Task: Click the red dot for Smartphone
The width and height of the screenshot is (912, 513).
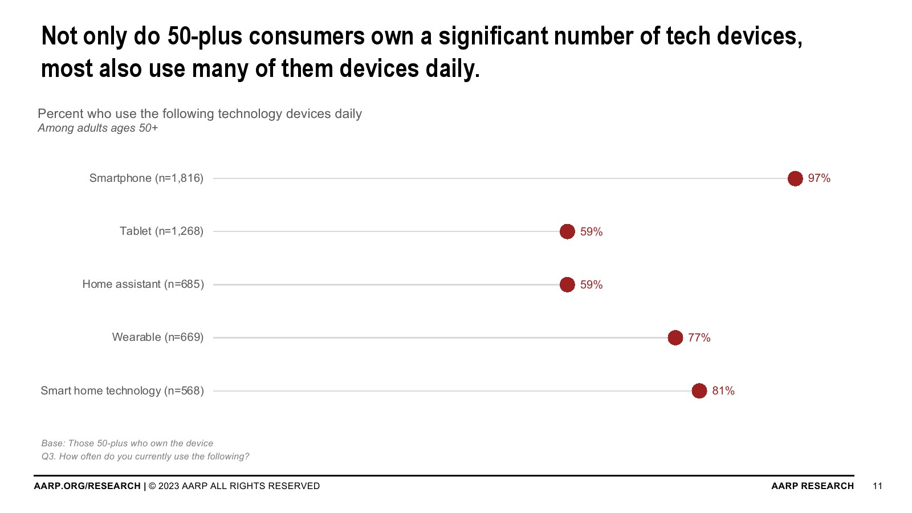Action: click(x=795, y=178)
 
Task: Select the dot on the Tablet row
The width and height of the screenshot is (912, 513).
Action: click(x=567, y=231)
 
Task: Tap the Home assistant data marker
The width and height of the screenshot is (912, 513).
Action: click(x=567, y=284)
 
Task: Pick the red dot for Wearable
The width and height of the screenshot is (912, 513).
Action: click(x=675, y=337)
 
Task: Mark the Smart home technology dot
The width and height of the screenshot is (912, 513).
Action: click(x=699, y=390)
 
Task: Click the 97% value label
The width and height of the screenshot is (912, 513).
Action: click(x=819, y=178)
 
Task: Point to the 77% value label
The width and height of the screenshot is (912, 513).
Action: click(x=699, y=337)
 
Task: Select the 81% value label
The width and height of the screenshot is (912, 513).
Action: click(x=723, y=390)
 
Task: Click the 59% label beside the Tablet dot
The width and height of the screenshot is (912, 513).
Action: click(x=591, y=231)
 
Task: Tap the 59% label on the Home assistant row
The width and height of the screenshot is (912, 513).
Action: click(x=591, y=284)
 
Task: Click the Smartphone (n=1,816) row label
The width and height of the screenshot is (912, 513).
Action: click(x=146, y=178)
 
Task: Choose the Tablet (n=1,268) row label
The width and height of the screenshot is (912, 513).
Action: click(x=161, y=231)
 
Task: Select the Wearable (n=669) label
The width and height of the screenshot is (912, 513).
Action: click(x=157, y=337)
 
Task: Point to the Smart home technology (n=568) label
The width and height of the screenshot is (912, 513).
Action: click(x=122, y=390)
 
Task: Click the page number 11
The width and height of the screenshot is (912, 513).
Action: click(x=877, y=486)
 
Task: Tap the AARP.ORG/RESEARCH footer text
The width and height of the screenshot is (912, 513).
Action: click(x=87, y=486)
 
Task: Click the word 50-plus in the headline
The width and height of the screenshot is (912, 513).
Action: click(x=204, y=36)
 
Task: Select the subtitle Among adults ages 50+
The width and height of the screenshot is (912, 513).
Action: click(x=97, y=128)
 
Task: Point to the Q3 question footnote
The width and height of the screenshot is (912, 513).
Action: click(x=145, y=456)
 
